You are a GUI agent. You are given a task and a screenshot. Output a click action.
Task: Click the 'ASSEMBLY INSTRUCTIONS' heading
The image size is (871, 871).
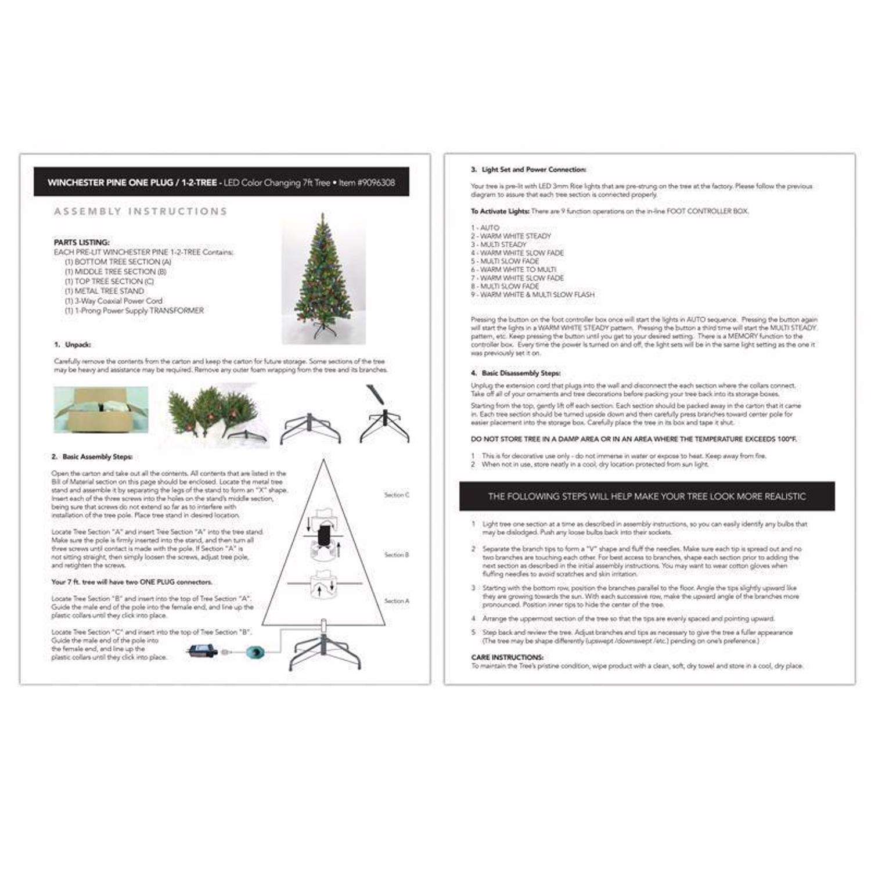pos(141,211)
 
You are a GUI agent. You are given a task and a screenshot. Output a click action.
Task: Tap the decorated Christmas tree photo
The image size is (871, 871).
pos(323,278)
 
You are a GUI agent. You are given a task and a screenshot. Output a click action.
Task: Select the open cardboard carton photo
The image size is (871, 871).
pos(101,410)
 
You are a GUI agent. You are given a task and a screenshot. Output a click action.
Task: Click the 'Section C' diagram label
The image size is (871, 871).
pos(397,495)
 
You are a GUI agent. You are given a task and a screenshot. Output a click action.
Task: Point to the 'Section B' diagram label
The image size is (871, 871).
pos(397,555)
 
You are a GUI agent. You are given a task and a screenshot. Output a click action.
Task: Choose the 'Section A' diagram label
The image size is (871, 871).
pos(397,601)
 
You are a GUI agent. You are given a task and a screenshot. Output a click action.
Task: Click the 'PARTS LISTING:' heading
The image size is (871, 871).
pos(82,242)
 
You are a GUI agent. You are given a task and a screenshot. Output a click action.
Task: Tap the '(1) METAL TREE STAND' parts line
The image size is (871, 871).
pos(105,291)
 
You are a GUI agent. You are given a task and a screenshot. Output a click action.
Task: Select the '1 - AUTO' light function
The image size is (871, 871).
pos(485,228)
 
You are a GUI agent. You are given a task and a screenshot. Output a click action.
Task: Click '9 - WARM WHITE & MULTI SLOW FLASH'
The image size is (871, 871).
pos(532,294)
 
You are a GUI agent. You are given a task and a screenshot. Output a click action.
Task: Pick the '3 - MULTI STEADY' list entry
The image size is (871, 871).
pos(498,244)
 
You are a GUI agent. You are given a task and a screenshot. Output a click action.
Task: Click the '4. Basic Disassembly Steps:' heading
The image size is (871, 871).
pos(515,373)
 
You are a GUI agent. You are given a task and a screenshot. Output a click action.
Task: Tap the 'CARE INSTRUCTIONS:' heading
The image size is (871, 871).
pos(507,657)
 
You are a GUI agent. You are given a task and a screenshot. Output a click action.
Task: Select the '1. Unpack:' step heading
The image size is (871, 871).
pos(73,344)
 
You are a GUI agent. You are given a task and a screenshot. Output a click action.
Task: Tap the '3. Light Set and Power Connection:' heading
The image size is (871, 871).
pos(528,170)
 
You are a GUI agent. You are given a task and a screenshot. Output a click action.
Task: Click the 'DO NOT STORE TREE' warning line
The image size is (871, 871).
pos(634,439)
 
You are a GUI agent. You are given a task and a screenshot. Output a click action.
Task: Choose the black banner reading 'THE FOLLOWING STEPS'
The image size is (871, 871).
pos(646,496)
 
